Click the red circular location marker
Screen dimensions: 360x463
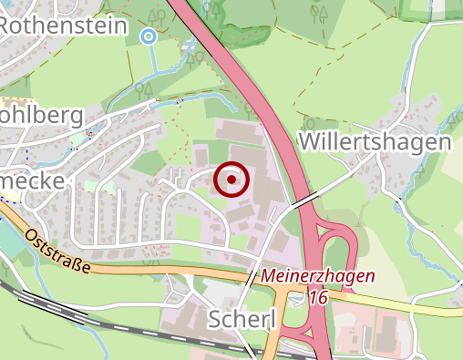pyautogui.click(x=231, y=180)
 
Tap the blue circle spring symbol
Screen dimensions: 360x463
pyautogui.click(x=149, y=36)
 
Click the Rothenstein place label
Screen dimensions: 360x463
pyautogui.click(x=62, y=26)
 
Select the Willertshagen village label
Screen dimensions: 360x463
pyautogui.click(x=375, y=143)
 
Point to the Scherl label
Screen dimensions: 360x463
pyautogui.click(x=242, y=319)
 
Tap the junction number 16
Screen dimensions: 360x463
pyautogui.click(x=318, y=297)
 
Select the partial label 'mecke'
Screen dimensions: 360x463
pyautogui.click(x=33, y=180)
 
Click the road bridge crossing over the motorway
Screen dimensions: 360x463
pyautogui.click(x=303, y=201)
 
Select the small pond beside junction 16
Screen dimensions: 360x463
pyautogui.click(x=300, y=297)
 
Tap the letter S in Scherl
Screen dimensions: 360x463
pyautogui.click(x=217, y=319)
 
